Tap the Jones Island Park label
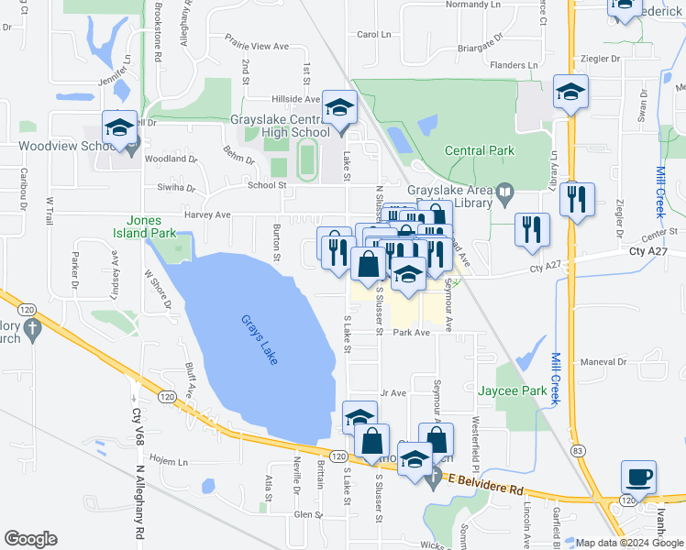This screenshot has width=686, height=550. (150, 226)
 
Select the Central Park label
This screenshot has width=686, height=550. (479, 150)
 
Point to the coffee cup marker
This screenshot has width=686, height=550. (639, 477)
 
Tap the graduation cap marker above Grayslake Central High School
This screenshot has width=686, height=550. (338, 110)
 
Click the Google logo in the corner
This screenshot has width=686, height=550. (30, 539)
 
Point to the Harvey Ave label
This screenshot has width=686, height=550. (209, 215)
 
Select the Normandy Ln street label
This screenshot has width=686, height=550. (473, 5)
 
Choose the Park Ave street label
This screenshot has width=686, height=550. (412, 333)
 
